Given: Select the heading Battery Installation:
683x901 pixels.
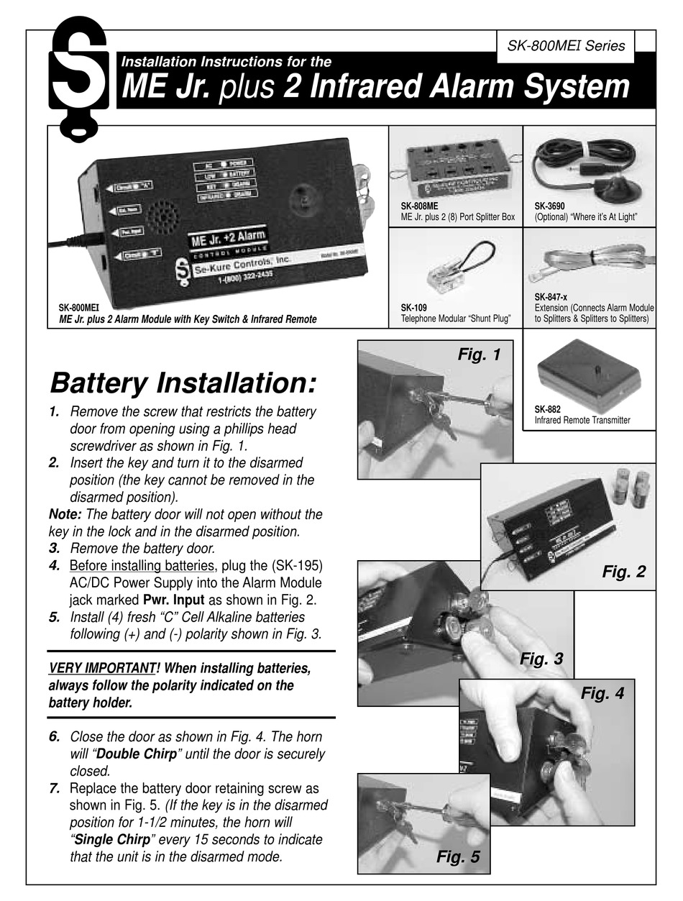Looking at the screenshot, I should point(183,383).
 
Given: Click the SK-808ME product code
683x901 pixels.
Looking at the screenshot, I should point(421,206).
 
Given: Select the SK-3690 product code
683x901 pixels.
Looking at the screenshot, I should point(551,206).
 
